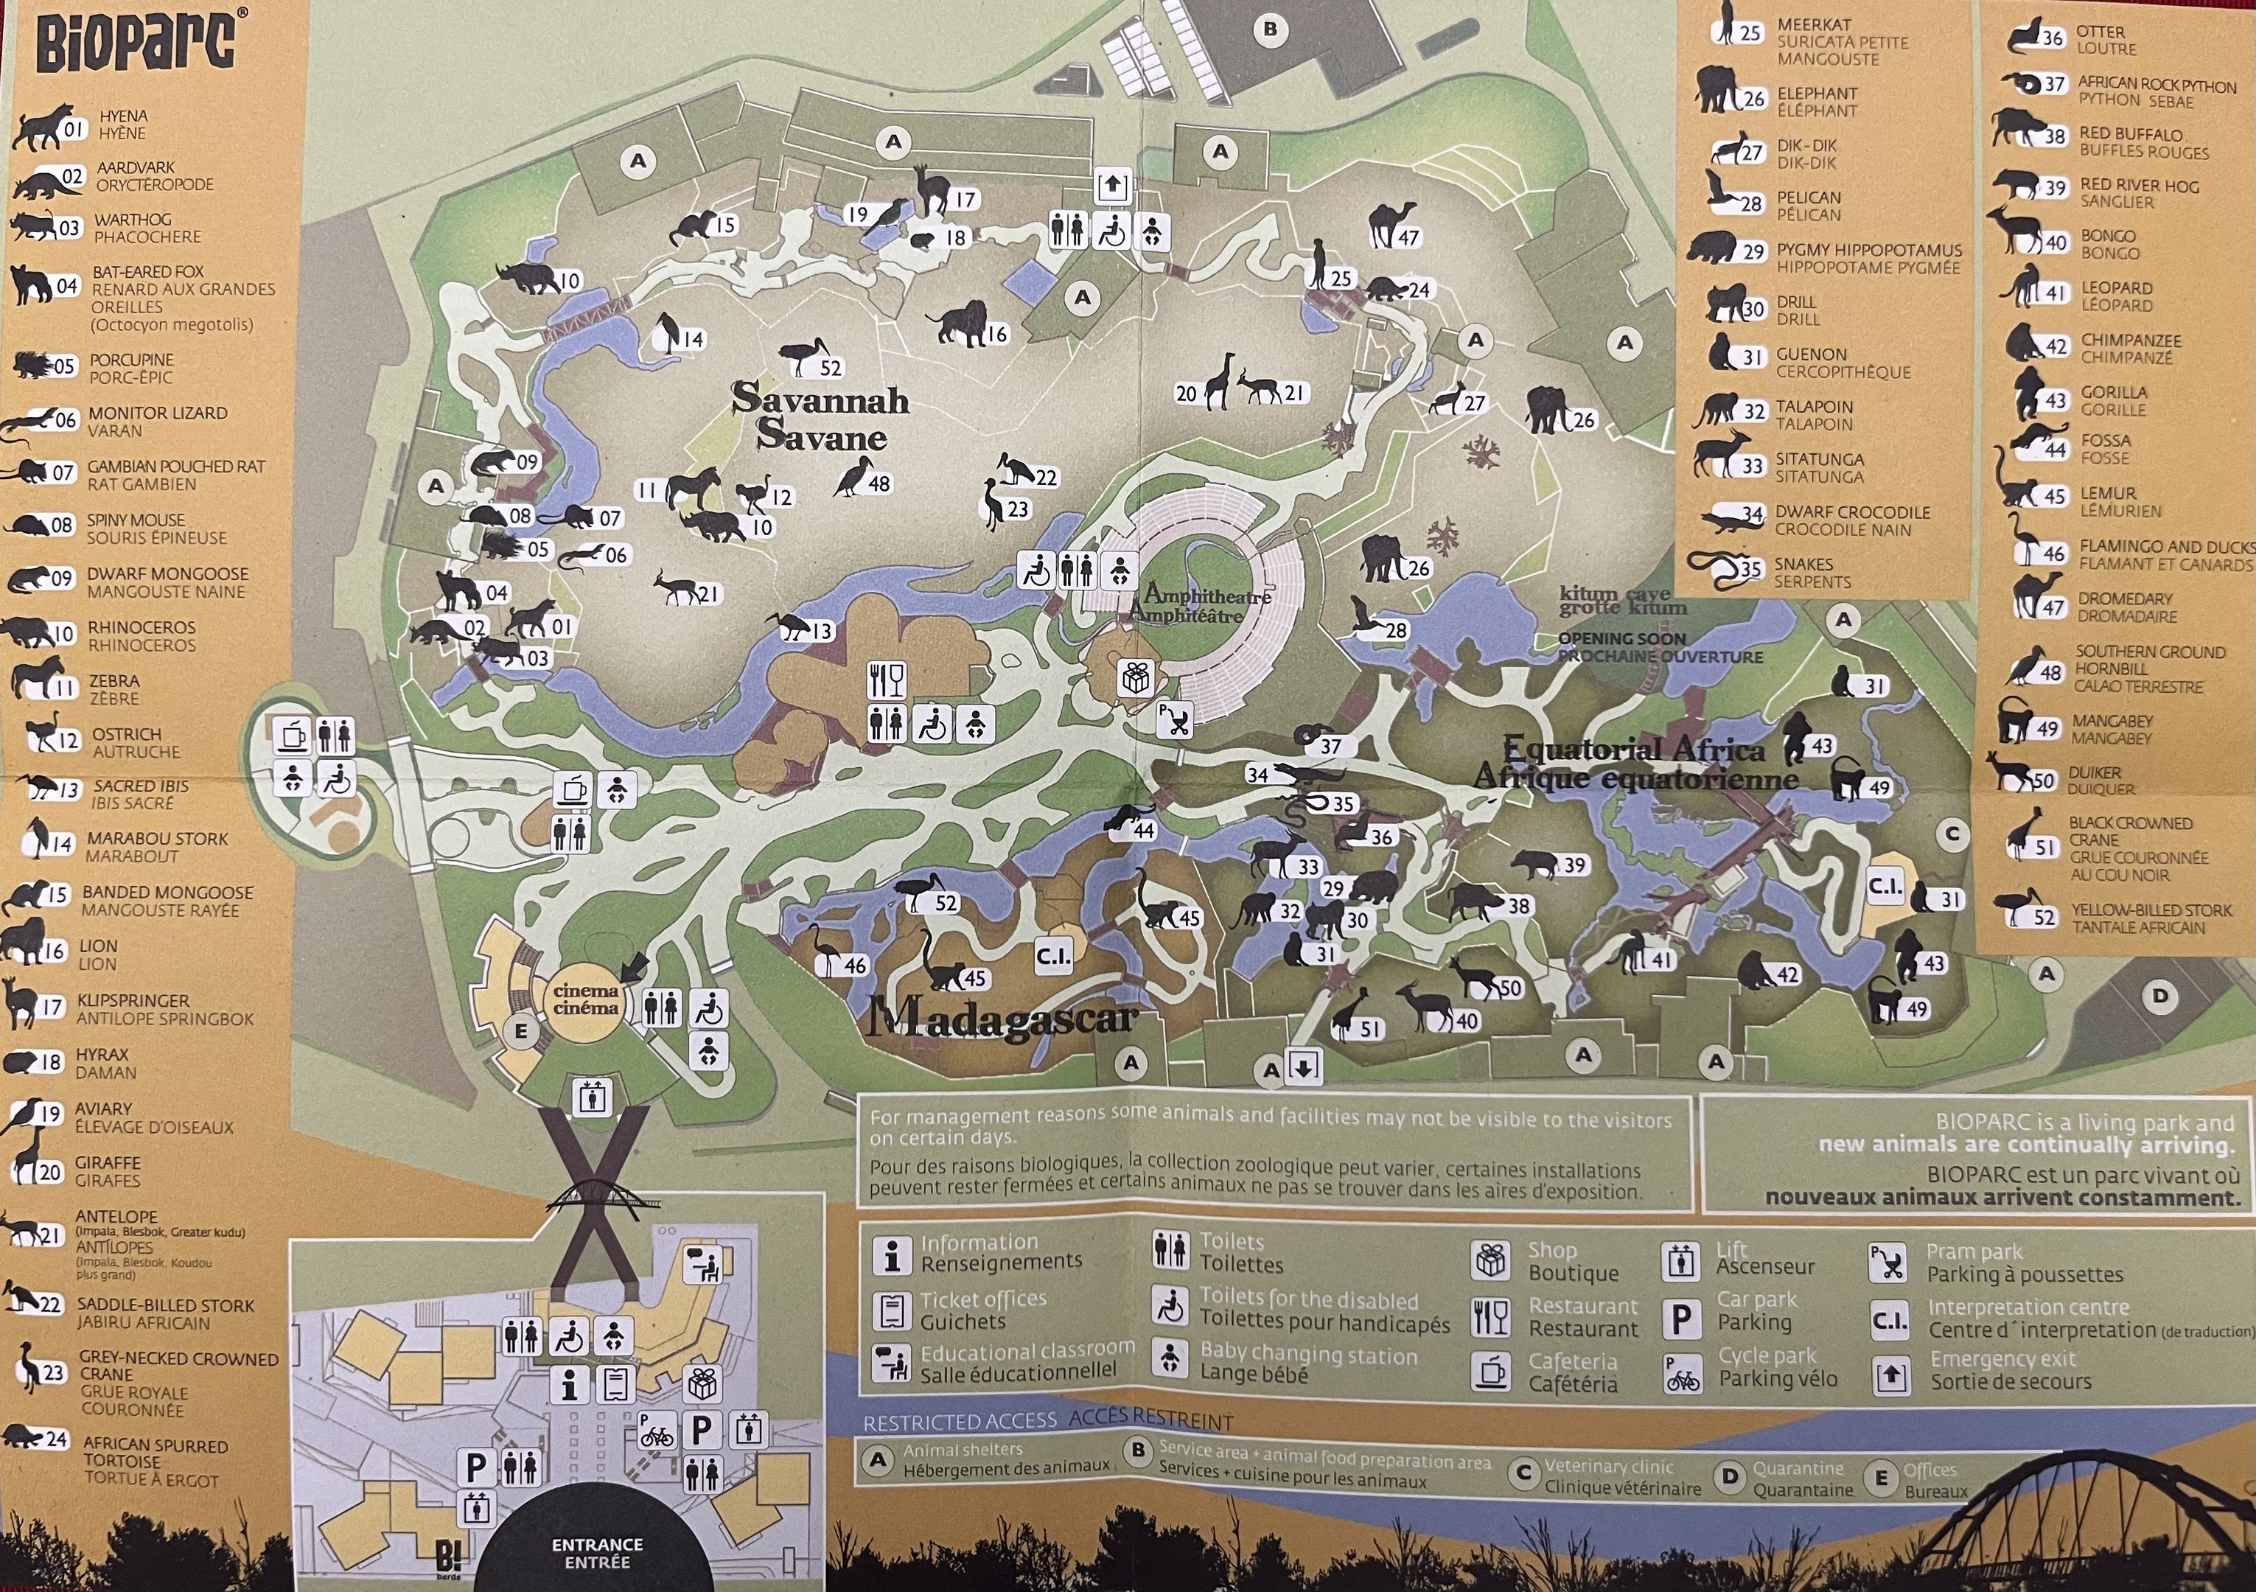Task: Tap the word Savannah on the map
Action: [x=820, y=399]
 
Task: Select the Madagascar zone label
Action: [x=1002, y=1019]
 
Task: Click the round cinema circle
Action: [x=586, y=1000]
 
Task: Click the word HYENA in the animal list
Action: [x=123, y=116]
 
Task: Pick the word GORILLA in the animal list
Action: [x=2114, y=392]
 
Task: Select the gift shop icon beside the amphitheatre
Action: [x=1136, y=677]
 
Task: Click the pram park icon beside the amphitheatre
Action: [x=1174, y=720]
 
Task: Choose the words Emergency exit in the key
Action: [x=2002, y=1359]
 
